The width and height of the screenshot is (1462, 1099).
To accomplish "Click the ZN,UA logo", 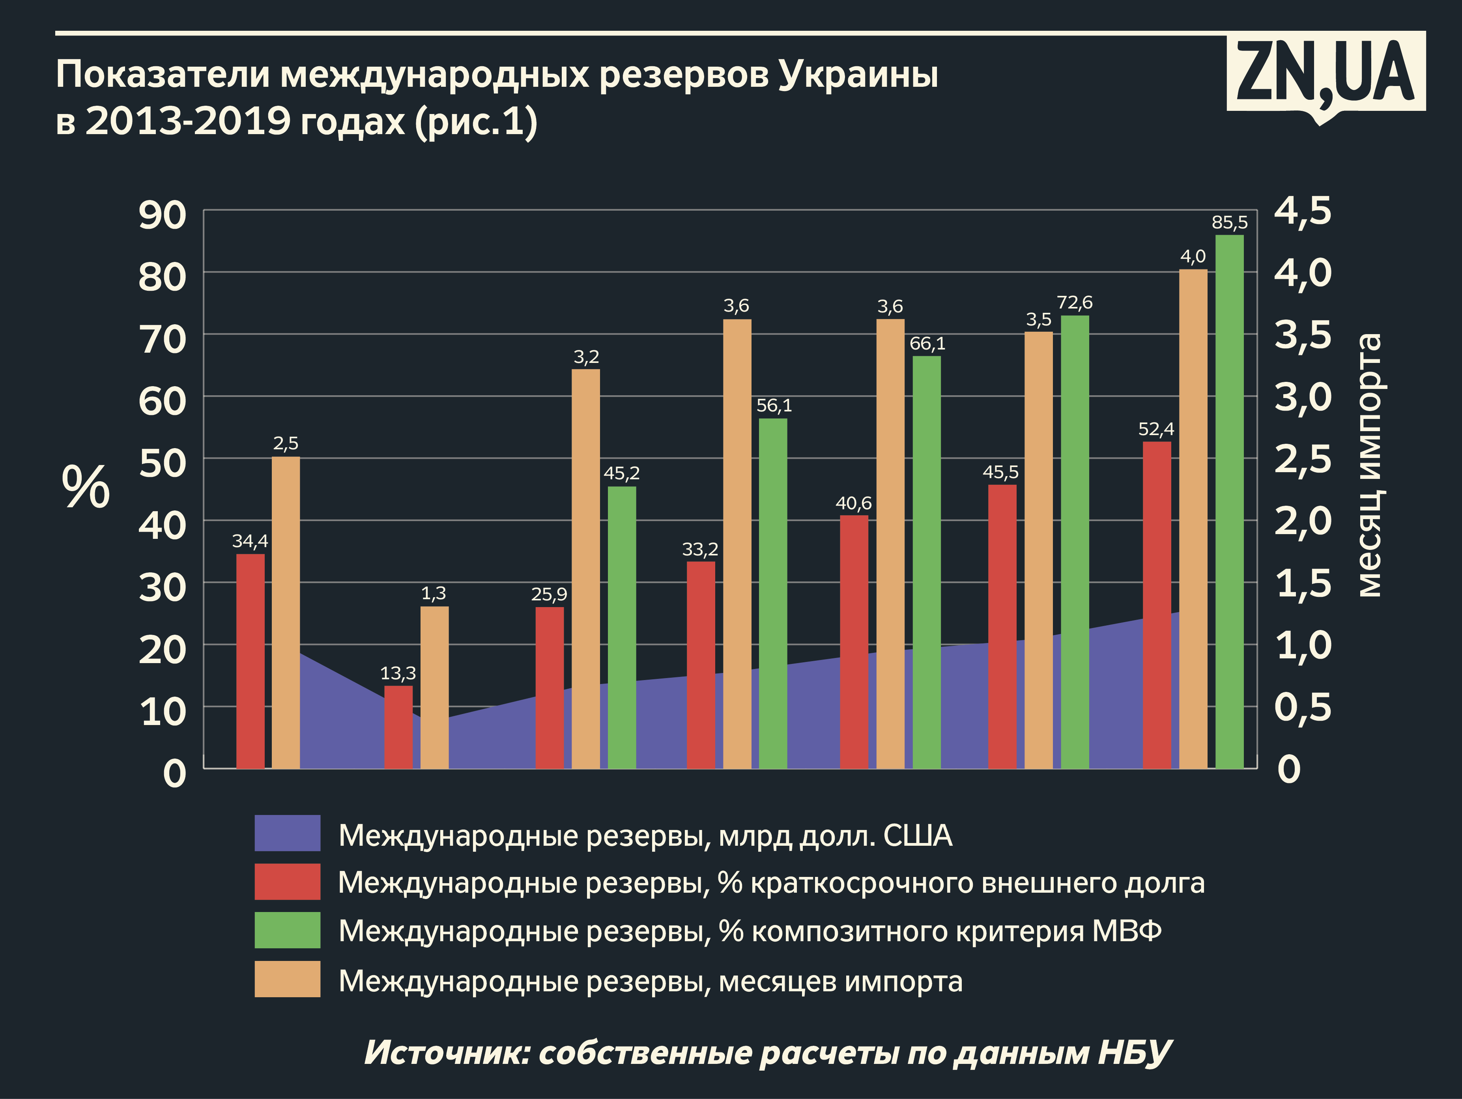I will click(1325, 73).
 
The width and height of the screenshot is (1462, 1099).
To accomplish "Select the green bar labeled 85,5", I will click(1229, 502).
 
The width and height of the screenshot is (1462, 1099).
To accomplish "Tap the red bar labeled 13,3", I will click(398, 727).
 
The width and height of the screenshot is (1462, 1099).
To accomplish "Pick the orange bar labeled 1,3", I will click(434, 687).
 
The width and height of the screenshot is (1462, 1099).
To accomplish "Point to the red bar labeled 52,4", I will click(1157, 605).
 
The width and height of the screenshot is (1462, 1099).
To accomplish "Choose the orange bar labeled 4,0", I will click(1193, 519).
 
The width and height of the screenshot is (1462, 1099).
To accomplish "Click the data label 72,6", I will click(1075, 303).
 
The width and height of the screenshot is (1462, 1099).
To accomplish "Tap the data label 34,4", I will click(250, 541).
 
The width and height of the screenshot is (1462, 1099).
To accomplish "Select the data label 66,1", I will click(927, 344).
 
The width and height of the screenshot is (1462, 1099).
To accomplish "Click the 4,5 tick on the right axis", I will click(1302, 211).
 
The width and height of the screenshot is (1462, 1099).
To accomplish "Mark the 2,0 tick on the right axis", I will click(1302, 521).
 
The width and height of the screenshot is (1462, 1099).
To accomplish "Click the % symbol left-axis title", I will click(86, 487).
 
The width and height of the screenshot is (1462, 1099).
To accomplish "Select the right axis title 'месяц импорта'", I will click(1369, 466).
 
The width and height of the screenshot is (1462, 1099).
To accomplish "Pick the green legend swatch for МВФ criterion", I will click(288, 930).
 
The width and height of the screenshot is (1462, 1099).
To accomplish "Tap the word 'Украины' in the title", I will click(858, 74).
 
